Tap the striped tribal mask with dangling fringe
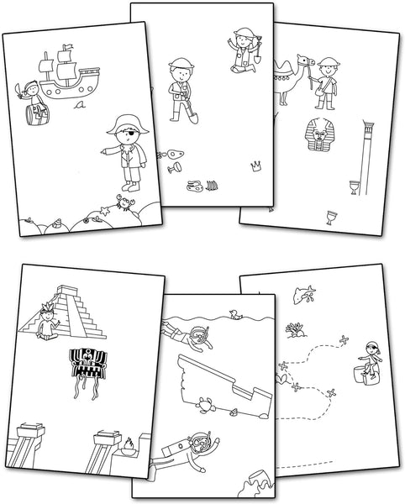[87, 365]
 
